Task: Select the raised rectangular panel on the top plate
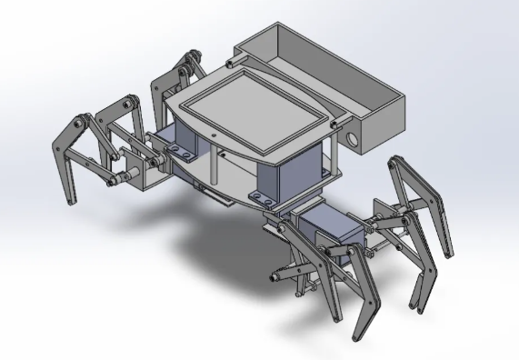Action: pyautogui.click(x=254, y=110)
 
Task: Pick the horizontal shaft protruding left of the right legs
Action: pyautogui.click(x=283, y=274)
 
